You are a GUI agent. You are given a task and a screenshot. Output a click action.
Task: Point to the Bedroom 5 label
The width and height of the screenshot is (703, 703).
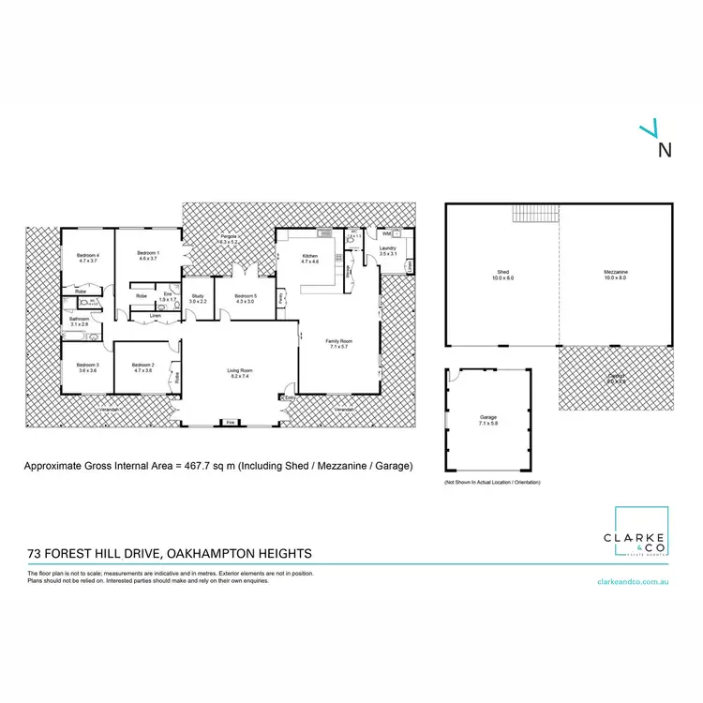247,298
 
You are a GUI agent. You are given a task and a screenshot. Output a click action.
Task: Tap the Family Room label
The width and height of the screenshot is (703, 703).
337,343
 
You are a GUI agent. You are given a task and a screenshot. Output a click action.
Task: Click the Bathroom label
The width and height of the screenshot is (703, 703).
79,322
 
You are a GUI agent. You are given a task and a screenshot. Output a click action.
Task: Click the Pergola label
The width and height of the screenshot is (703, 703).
229,239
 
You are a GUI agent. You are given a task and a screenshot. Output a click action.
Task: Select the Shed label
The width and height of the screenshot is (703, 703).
501,275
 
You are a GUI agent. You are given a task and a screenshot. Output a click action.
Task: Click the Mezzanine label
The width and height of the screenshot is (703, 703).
616,275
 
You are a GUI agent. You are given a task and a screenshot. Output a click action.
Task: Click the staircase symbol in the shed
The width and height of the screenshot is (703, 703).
534,215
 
